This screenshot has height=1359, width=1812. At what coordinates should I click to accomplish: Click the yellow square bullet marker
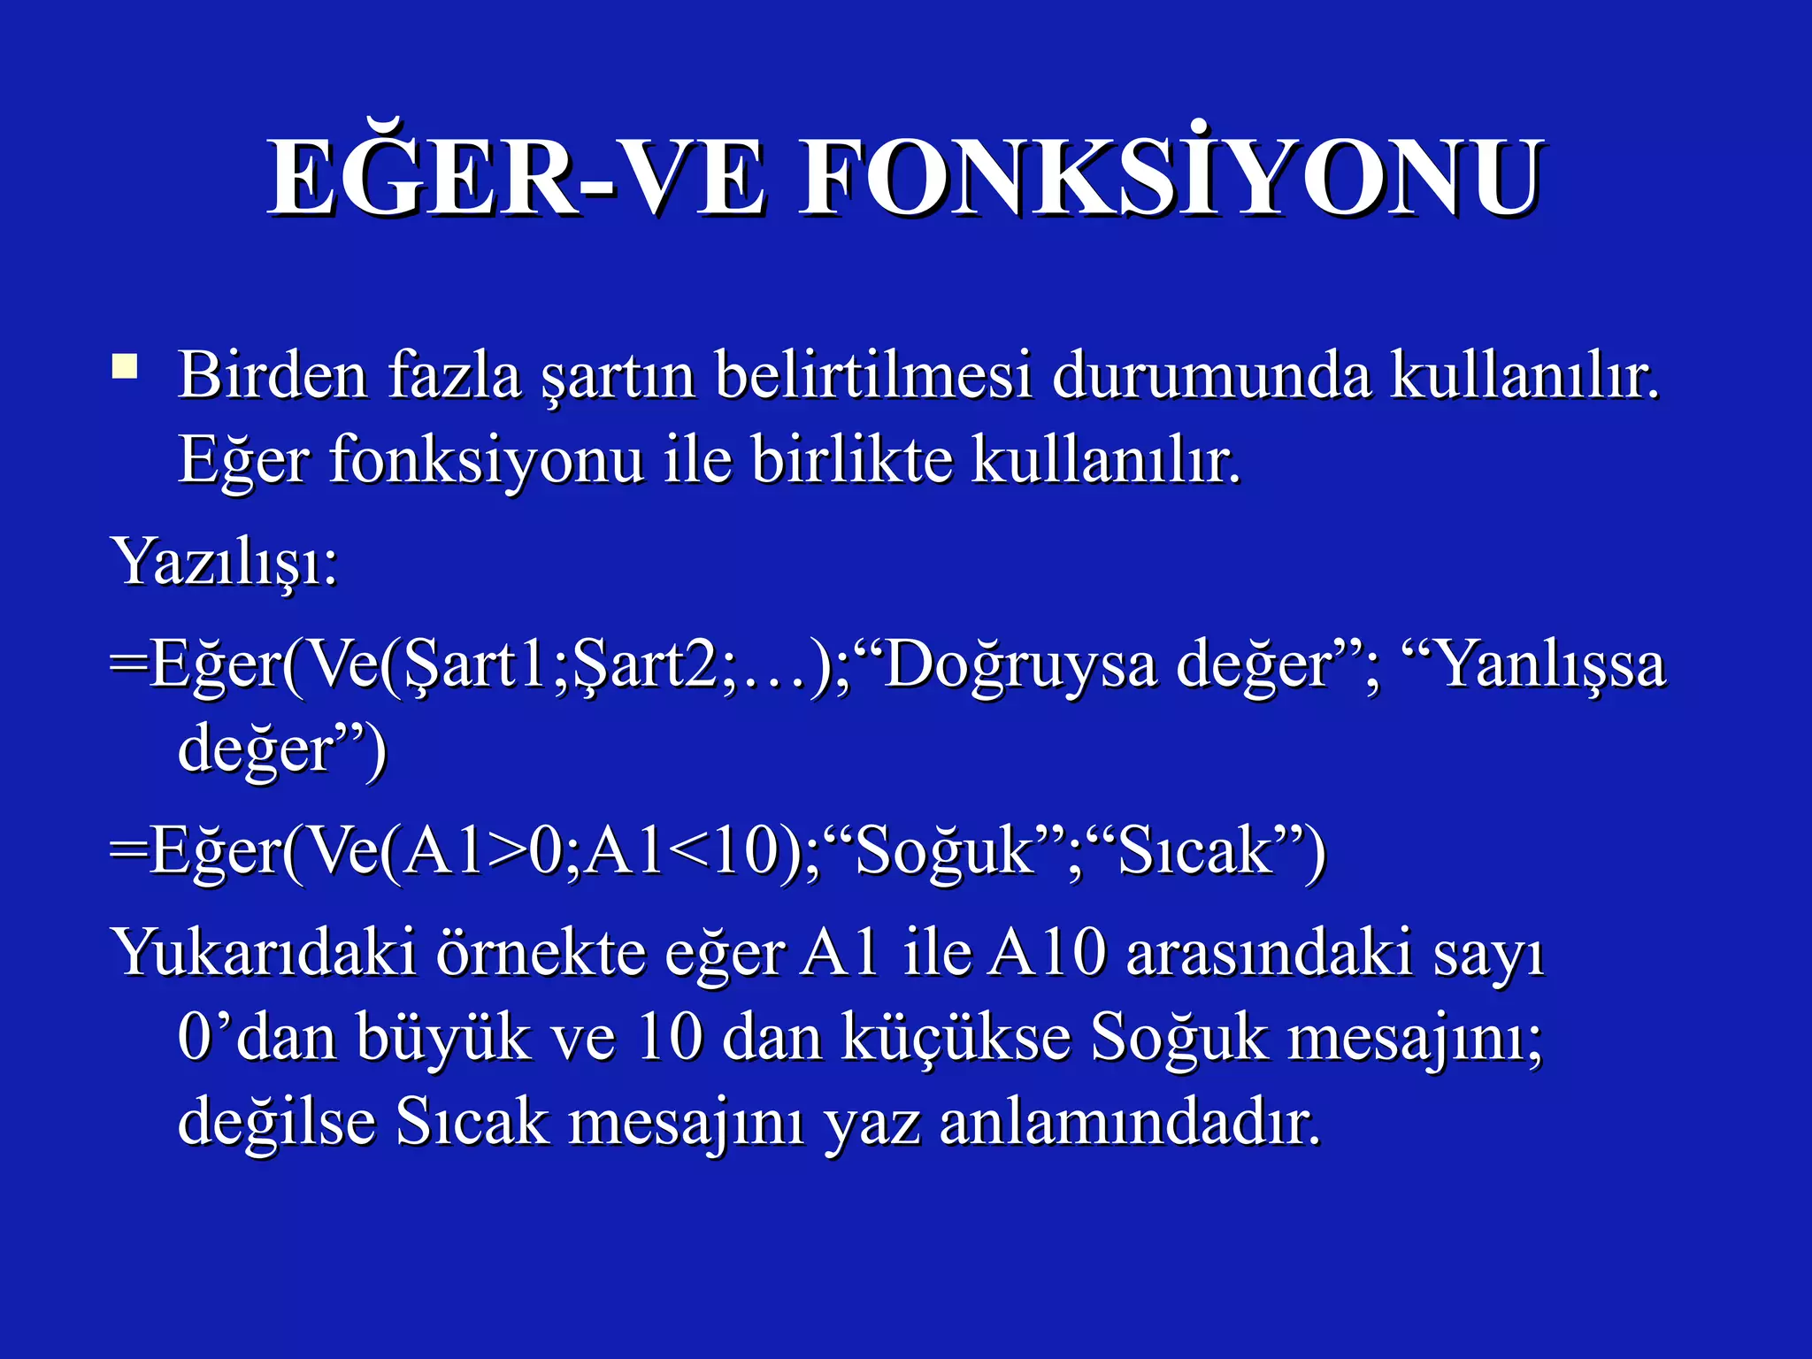point(125,366)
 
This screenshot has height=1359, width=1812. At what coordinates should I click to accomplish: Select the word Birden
point(273,376)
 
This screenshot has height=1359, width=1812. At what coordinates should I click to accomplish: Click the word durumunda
point(1211,376)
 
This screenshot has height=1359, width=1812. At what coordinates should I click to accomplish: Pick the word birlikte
point(852,461)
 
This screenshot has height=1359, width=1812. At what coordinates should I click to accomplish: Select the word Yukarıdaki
point(264,955)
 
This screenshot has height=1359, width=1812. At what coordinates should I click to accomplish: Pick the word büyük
point(442,1039)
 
